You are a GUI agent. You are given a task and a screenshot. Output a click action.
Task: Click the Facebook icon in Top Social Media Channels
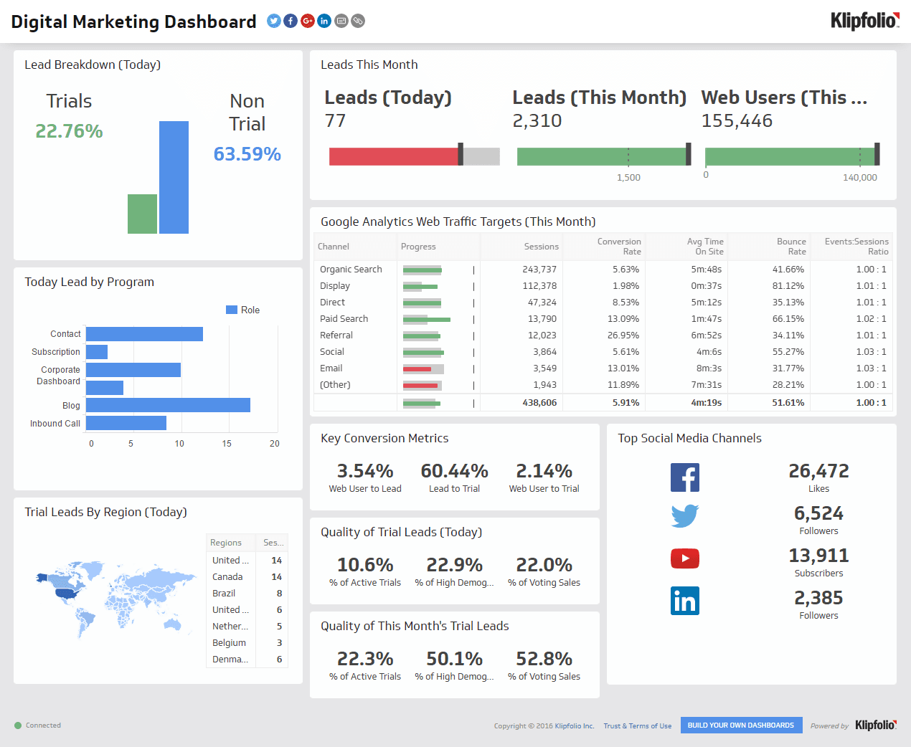[684, 477]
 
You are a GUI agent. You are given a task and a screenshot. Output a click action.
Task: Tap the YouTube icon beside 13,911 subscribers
[684, 558]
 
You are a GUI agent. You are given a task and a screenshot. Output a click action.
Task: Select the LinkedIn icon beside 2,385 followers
[684, 601]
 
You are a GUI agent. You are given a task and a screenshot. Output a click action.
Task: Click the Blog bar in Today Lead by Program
[168, 405]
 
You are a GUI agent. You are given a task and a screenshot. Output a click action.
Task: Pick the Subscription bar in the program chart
[97, 352]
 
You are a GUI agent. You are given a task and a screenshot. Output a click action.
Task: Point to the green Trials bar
[142, 214]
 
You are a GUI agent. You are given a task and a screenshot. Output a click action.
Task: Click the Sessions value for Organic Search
[539, 270]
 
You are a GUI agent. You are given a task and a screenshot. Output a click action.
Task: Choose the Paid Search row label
[344, 319]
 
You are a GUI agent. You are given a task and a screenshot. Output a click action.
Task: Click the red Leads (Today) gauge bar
[393, 156]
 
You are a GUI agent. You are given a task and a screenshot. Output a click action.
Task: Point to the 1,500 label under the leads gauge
[628, 178]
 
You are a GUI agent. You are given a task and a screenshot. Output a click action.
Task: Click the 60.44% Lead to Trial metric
[454, 472]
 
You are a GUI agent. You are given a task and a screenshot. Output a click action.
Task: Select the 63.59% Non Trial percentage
[247, 154]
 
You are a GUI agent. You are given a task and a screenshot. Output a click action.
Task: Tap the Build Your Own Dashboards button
[741, 725]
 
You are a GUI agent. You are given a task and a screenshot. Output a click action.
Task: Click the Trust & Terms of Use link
[637, 726]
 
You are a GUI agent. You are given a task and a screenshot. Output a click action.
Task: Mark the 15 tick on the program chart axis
[227, 444]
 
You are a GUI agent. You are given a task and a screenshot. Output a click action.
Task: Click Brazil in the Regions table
[224, 594]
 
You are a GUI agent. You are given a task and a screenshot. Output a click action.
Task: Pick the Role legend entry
[243, 310]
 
